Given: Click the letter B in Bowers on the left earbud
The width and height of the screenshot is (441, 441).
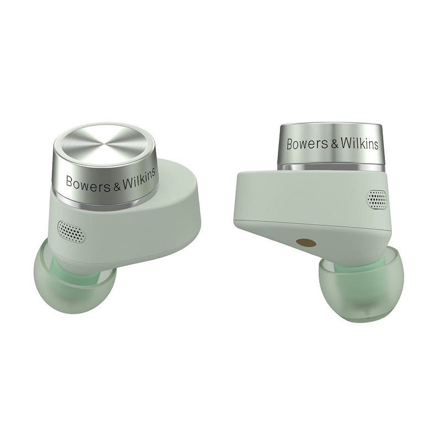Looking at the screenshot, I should (69, 182).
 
